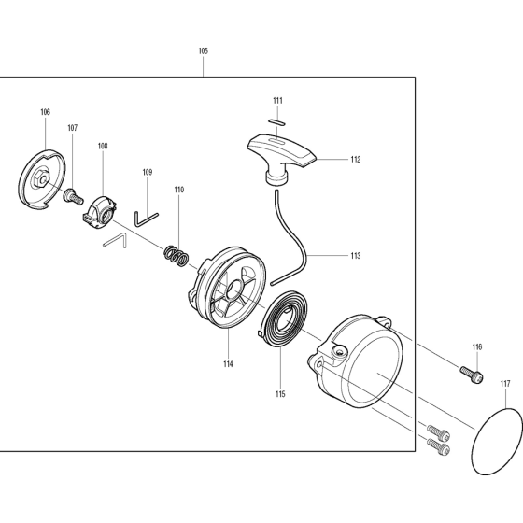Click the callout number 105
(x=203, y=51)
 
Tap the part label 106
(x=46, y=112)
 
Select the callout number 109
(x=148, y=172)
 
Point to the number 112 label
(x=356, y=160)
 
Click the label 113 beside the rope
(x=356, y=256)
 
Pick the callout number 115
(x=280, y=394)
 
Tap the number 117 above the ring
(x=505, y=384)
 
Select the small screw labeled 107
(x=73, y=196)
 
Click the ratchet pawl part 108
(x=99, y=213)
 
